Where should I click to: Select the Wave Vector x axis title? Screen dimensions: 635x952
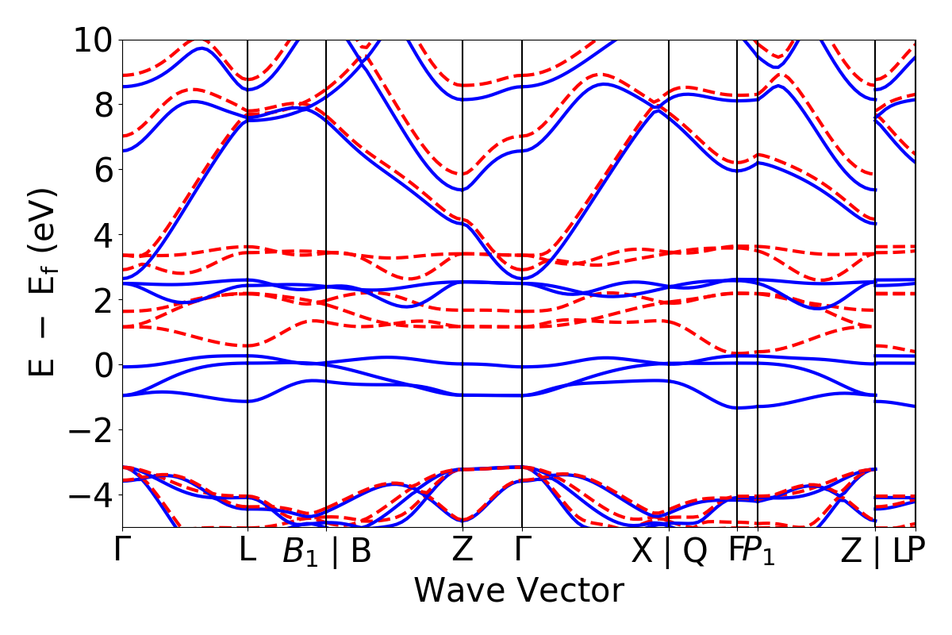519,591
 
